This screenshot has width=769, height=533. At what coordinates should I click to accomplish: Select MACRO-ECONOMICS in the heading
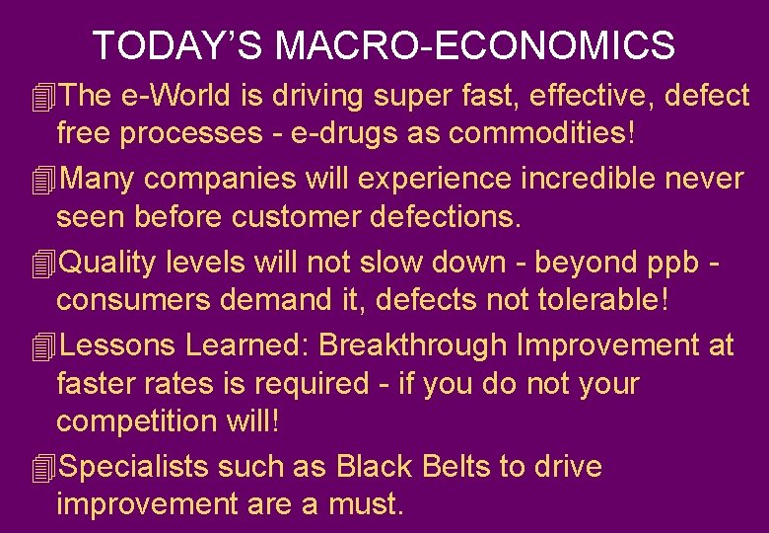[475, 45]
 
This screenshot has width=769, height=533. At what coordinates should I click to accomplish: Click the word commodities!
[554, 133]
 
